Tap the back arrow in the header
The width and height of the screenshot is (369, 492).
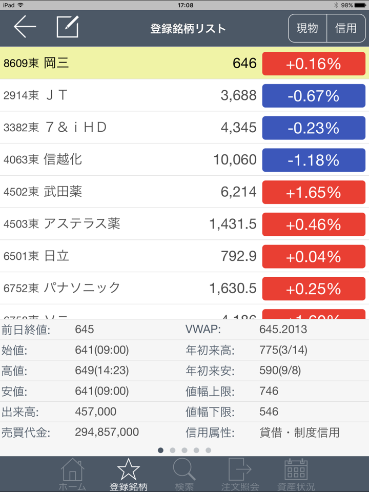(x=25, y=27)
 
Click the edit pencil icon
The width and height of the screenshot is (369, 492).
(x=68, y=27)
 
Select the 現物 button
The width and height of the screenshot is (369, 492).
(x=307, y=28)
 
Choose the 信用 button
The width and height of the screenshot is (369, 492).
(x=346, y=28)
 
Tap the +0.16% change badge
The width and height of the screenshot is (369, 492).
(x=314, y=64)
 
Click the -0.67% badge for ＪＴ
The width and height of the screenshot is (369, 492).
(x=314, y=96)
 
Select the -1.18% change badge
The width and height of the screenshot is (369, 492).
(x=314, y=160)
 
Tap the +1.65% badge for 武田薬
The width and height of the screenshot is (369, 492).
(x=314, y=192)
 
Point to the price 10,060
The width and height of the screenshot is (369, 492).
(x=235, y=160)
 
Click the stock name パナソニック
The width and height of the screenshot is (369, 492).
(x=82, y=288)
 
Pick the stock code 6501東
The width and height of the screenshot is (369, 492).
(x=21, y=256)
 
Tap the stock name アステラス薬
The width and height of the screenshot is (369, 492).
(x=82, y=223)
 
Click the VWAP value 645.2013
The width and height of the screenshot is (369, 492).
(x=283, y=330)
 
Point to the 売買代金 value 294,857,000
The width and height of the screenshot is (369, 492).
(x=107, y=432)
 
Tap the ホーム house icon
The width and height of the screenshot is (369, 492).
(x=72, y=469)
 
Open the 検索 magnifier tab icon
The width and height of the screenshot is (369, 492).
(x=184, y=469)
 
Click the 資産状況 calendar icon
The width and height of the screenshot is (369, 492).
(x=296, y=469)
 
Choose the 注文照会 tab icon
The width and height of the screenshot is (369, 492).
(x=240, y=469)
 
